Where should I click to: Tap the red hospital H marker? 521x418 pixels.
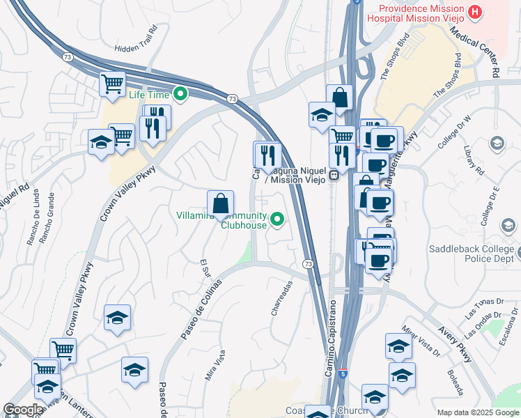pyautogui.click(x=476, y=11)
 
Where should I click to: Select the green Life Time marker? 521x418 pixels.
pyautogui.click(x=181, y=93)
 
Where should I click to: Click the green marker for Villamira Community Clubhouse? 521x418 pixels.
pyautogui.click(x=278, y=220)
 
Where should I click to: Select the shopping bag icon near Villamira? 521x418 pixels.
pyautogui.click(x=220, y=203)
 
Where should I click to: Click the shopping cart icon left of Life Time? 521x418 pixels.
pyautogui.click(x=112, y=84)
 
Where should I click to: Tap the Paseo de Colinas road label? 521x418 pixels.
pyautogui.click(x=201, y=309)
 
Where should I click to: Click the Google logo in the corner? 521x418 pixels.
pyautogui.click(x=23, y=410)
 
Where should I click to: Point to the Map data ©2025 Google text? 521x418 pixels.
pyautogui.click(x=478, y=412)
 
